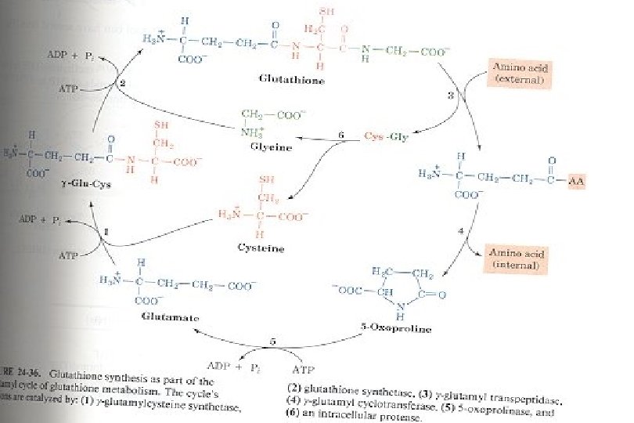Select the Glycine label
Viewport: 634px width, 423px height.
point(271,146)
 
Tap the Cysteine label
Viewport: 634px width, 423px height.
point(261,248)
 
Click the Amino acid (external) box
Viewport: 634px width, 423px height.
point(520,73)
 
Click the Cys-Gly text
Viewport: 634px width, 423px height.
point(387,136)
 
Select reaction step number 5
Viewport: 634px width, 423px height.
point(272,341)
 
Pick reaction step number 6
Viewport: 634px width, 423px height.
point(340,136)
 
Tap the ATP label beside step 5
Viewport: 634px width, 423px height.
point(304,367)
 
